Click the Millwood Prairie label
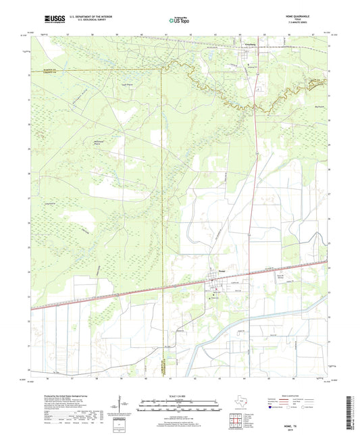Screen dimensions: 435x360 click(101, 143)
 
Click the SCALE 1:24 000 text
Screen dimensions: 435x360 click(180, 396)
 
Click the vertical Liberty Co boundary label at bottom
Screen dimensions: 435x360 click(163, 368)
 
